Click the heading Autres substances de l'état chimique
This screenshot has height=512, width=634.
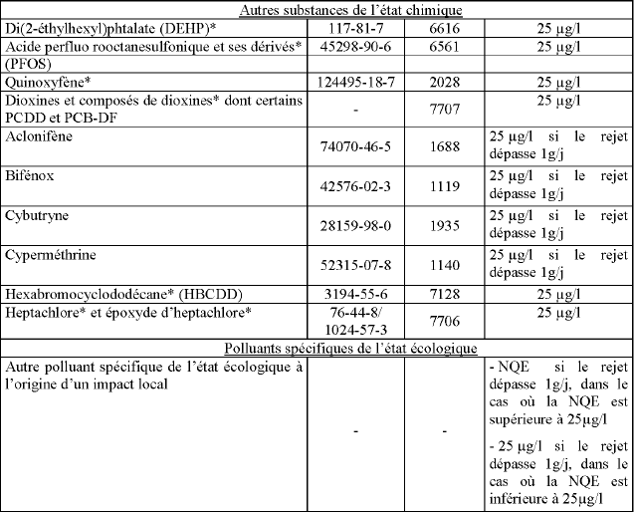(317, 9)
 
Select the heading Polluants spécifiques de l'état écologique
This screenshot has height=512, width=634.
(317, 349)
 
